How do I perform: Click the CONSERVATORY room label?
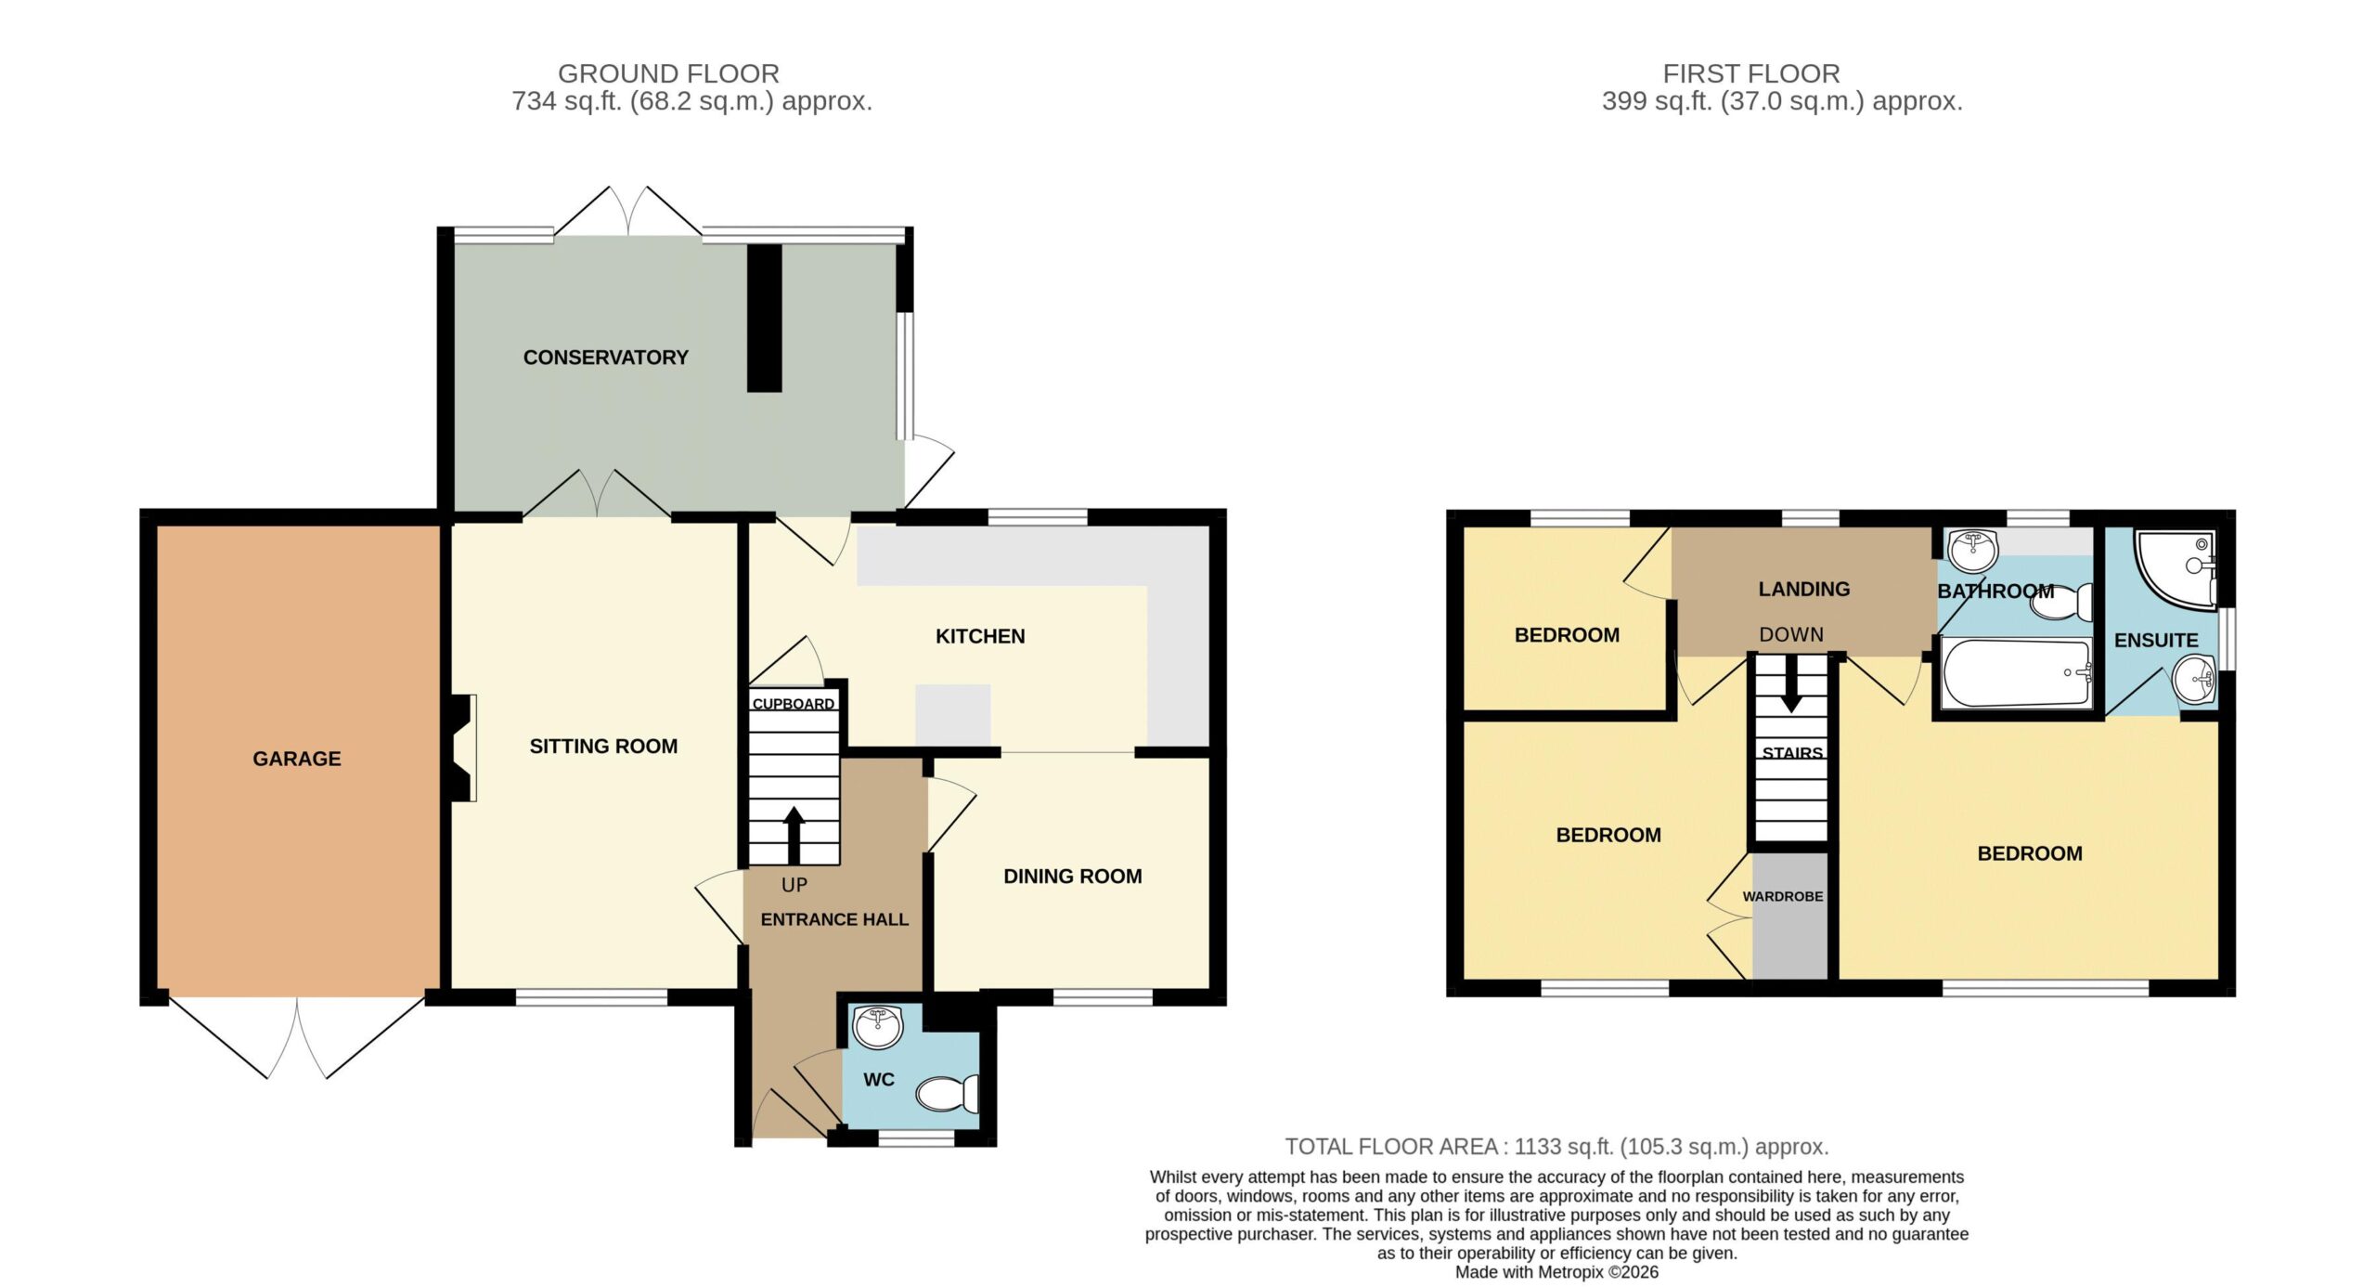pos(605,357)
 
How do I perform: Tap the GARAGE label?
pos(297,759)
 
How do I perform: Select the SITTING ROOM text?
pos(603,746)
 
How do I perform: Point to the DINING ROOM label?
pos(1072,876)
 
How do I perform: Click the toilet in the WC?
pos(948,1093)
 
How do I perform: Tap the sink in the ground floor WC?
pos(877,1027)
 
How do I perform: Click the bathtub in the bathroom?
pos(2016,673)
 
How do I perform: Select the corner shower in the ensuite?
pos(2176,570)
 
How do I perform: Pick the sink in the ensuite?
pos(2195,680)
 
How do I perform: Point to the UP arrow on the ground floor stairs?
pos(794,836)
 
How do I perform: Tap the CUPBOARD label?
pos(793,704)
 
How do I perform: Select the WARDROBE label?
pos(1783,897)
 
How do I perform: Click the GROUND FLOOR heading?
pos(668,73)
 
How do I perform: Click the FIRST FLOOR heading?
pos(1751,73)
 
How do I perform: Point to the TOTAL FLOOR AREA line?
pos(1556,1147)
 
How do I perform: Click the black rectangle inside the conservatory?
pos(765,318)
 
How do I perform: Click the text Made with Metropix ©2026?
pos(1556,1272)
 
